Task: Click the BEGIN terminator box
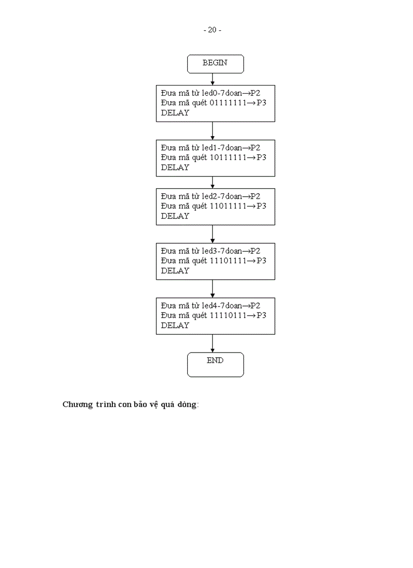[215, 63]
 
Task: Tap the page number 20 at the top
[212, 30]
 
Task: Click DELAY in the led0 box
[175, 113]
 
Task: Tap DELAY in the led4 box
[175, 325]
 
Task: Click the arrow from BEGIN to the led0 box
[213, 79]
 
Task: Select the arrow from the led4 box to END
[213, 343]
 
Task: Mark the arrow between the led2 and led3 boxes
[213, 234]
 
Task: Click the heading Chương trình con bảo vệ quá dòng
[131, 405]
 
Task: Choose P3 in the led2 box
[261, 206]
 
